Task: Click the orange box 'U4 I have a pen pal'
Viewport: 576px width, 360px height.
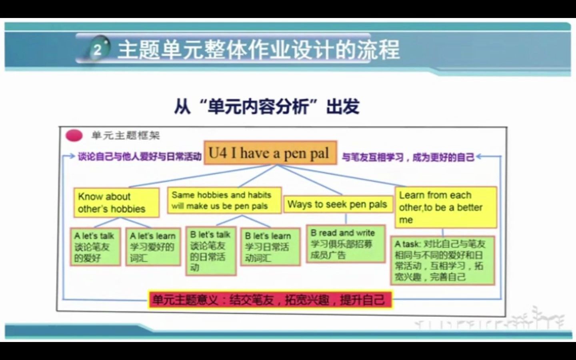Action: tap(270, 153)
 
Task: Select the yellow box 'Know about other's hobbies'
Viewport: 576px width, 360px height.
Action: tap(116, 202)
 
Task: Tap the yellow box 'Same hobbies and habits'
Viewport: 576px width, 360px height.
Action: tap(224, 200)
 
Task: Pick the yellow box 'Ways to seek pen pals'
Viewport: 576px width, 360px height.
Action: tap(338, 204)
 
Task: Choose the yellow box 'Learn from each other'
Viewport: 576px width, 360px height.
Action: tap(445, 207)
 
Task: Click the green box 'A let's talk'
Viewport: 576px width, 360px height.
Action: tap(96, 247)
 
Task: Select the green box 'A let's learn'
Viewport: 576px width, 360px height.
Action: tap(153, 247)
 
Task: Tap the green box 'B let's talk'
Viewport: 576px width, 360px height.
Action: tap(211, 251)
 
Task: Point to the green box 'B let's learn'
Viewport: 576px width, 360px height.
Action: tap(270, 247)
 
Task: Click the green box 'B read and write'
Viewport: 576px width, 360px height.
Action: tap(346, 244)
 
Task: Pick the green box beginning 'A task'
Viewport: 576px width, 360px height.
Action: tap(442, 260)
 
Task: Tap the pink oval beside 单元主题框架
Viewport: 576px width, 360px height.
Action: tap(74, 136)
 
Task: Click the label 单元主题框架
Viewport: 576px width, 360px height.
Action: tap(126, 136)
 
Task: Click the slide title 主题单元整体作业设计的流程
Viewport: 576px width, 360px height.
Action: tap(258, 50)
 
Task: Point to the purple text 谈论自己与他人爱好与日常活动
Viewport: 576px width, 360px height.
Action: tap(140, 156)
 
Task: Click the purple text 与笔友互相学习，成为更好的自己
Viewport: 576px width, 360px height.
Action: tap(408, 157)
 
